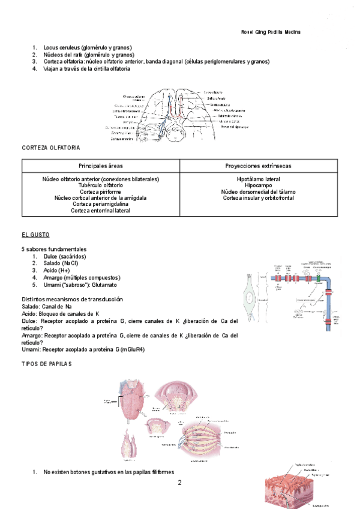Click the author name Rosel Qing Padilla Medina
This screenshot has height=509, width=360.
[x=270, y=32]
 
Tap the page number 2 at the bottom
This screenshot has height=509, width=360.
[x=179, y=482]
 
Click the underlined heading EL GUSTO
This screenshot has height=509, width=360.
[x=35, y=234]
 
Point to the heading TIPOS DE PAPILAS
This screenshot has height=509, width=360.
[x=46, y=364]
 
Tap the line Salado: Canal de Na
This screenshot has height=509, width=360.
[x=47, y=307]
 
